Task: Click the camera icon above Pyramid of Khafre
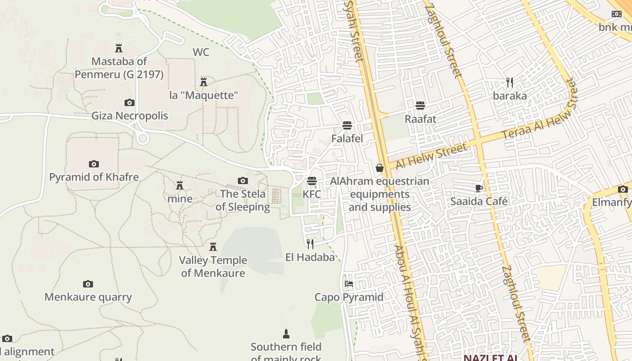[x=94, y=164]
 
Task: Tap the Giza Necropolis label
[x=130, y=116]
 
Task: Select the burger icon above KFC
[x=312, y=181]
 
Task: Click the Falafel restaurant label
[x=347, y=139]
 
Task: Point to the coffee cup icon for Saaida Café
[x=479, y=188]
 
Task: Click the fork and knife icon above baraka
[x=510, y=83]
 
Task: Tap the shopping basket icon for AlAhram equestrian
[x=380, y=168]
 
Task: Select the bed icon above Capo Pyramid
[x=349, y=284]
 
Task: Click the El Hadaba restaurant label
[x=310, y=257]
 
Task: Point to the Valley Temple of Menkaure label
[x=213, y=266]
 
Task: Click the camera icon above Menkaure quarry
[x=88, y=284]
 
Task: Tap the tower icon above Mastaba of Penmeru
[x=119, y=48]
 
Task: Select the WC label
[x=201, y=52]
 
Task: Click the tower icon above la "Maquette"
[x=204, y=82]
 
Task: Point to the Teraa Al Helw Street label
[x=540, y=110]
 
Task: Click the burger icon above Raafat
[x=420, y=106]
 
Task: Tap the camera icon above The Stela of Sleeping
[x=243, y=181]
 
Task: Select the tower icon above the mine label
[x=180, y=185]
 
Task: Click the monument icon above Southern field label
[x=286, y=334]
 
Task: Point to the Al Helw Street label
[x=431, y=156]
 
